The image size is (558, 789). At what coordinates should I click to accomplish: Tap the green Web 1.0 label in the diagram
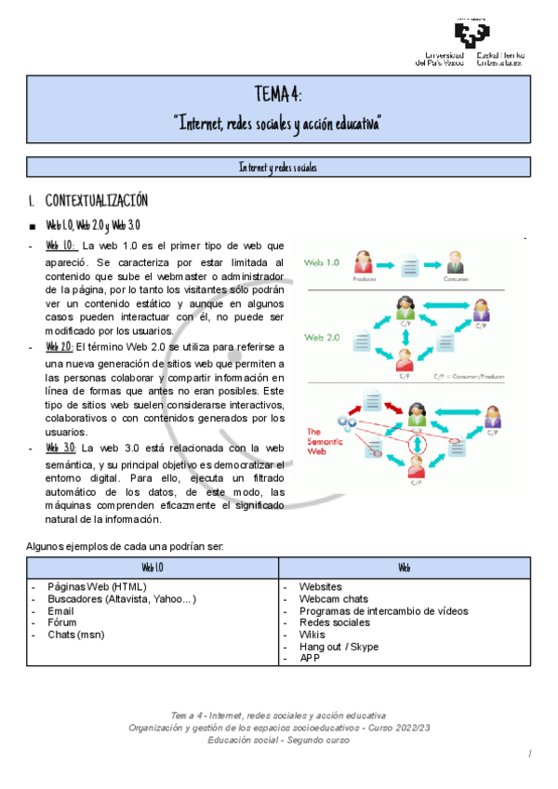point(323,262)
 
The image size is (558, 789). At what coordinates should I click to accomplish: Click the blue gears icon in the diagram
point(347,422)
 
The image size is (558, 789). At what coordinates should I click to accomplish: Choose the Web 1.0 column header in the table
point(153,567)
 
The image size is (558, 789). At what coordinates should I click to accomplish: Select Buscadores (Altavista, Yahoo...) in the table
point(122,599)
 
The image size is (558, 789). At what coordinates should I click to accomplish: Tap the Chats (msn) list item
point(79,635)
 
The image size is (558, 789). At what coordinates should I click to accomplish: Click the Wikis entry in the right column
point(312,635)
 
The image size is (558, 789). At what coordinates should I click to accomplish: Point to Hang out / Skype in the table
point(339,647)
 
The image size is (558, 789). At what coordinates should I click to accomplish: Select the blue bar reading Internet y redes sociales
point(277,167)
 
